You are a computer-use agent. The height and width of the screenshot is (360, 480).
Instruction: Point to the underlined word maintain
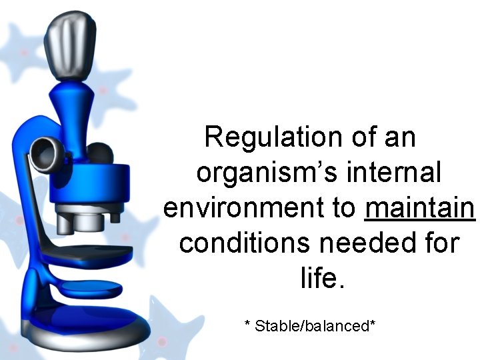[420, 208]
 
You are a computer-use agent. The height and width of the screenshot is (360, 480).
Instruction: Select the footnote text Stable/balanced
[311, 326]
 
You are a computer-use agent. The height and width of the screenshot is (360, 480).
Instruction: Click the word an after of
[400, 137]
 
